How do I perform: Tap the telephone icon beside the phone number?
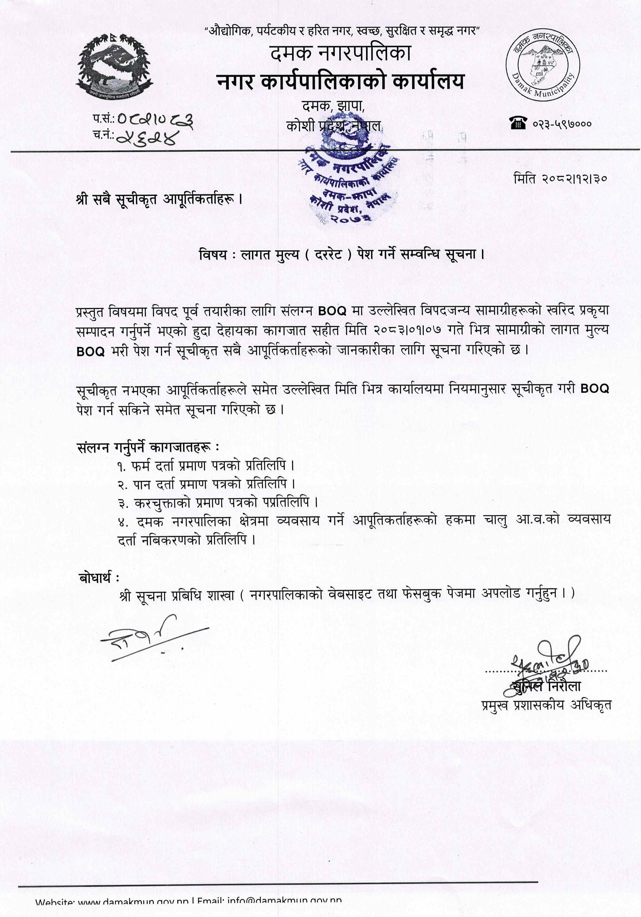pyautogui.click(x=518, y=123)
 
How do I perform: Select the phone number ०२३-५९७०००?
pyautogui.click(x=562, y=124)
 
